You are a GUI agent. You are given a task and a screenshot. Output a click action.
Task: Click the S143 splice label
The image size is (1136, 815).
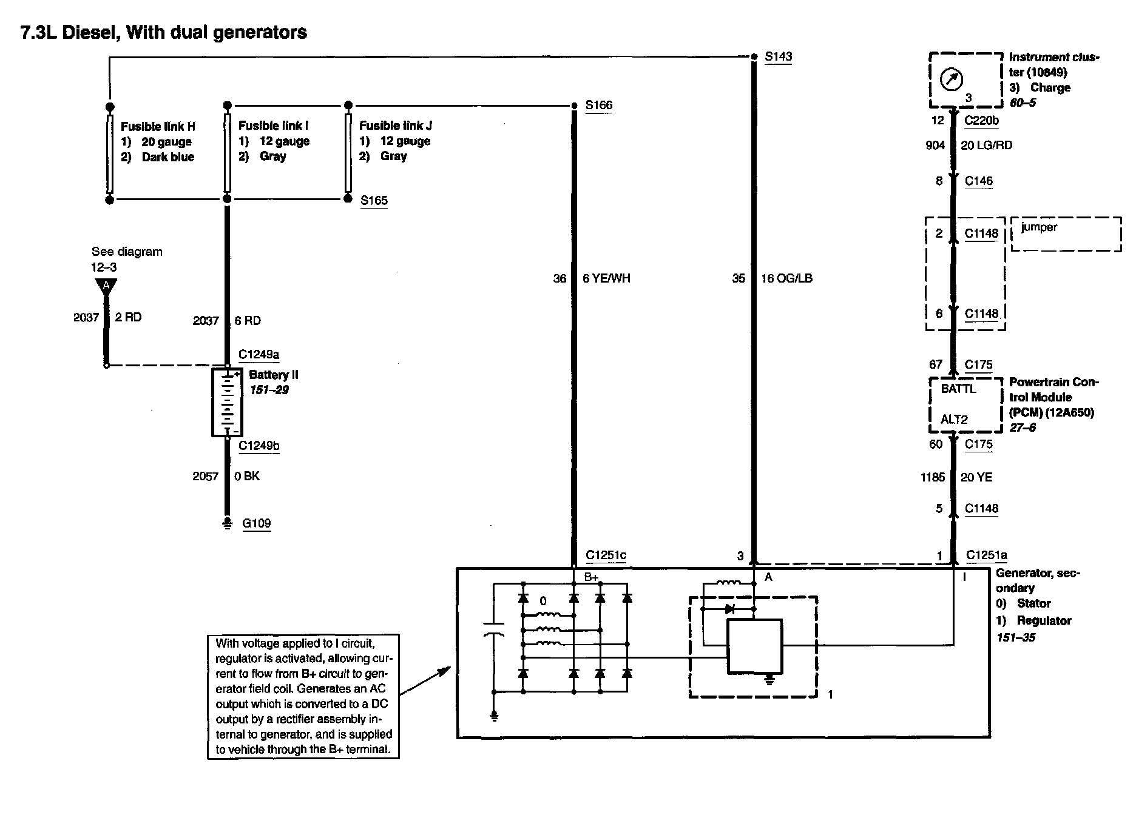779,56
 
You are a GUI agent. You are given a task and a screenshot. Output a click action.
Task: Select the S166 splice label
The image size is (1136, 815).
598,106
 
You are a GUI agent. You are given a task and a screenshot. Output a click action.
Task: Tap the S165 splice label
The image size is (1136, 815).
374,201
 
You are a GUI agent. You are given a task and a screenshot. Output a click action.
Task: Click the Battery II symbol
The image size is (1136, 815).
227,402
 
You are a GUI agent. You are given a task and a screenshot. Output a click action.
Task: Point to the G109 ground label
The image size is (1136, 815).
256,523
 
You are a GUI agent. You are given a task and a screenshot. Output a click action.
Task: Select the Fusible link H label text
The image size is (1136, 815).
158,126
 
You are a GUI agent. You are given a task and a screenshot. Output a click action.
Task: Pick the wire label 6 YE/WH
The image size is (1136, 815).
606,278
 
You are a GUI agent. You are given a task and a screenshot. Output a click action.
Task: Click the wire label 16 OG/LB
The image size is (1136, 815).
786,278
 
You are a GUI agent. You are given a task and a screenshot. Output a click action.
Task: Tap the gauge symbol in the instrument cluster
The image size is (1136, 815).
951,79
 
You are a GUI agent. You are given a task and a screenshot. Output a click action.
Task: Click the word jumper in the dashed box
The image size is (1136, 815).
1039,227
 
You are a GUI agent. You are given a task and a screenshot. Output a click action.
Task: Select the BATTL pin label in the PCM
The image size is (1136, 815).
958,389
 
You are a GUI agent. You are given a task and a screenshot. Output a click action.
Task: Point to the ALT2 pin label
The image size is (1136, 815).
954,419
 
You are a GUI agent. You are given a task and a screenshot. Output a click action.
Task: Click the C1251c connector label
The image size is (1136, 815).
606,555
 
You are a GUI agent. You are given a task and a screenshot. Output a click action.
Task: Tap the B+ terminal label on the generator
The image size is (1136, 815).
591,577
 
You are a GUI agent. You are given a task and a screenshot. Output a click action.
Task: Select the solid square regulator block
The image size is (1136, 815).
755,646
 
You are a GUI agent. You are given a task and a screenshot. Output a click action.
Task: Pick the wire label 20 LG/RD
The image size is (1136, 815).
986,146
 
